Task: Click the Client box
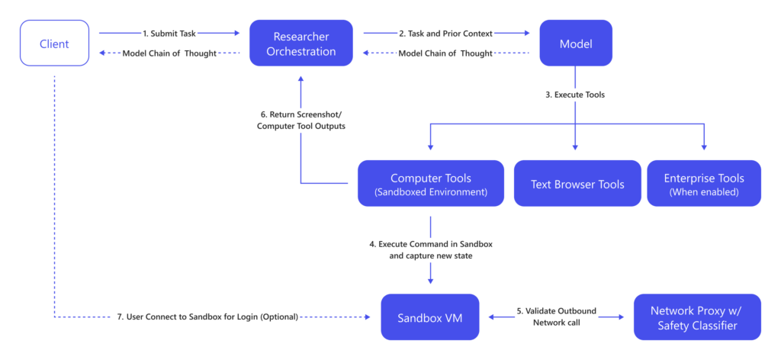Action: click(54, 43)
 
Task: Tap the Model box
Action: click(575, 43)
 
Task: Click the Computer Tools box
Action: click(431, 184)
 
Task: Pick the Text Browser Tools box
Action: click(577, 184)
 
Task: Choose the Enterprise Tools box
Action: click(704, 184)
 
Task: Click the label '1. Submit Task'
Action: click(169, 33)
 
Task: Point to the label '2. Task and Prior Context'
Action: click(446, 33)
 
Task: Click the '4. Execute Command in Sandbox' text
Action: click(431, 244)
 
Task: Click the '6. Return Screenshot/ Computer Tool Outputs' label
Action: click(301, 120)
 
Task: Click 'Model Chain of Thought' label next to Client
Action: click(170, 53)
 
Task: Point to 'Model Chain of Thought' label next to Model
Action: click(447, 53)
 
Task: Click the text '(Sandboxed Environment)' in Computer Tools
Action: click(431, 192)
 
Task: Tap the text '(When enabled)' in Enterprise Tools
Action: click(704, 192)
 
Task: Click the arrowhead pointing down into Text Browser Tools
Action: click(575, 146)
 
